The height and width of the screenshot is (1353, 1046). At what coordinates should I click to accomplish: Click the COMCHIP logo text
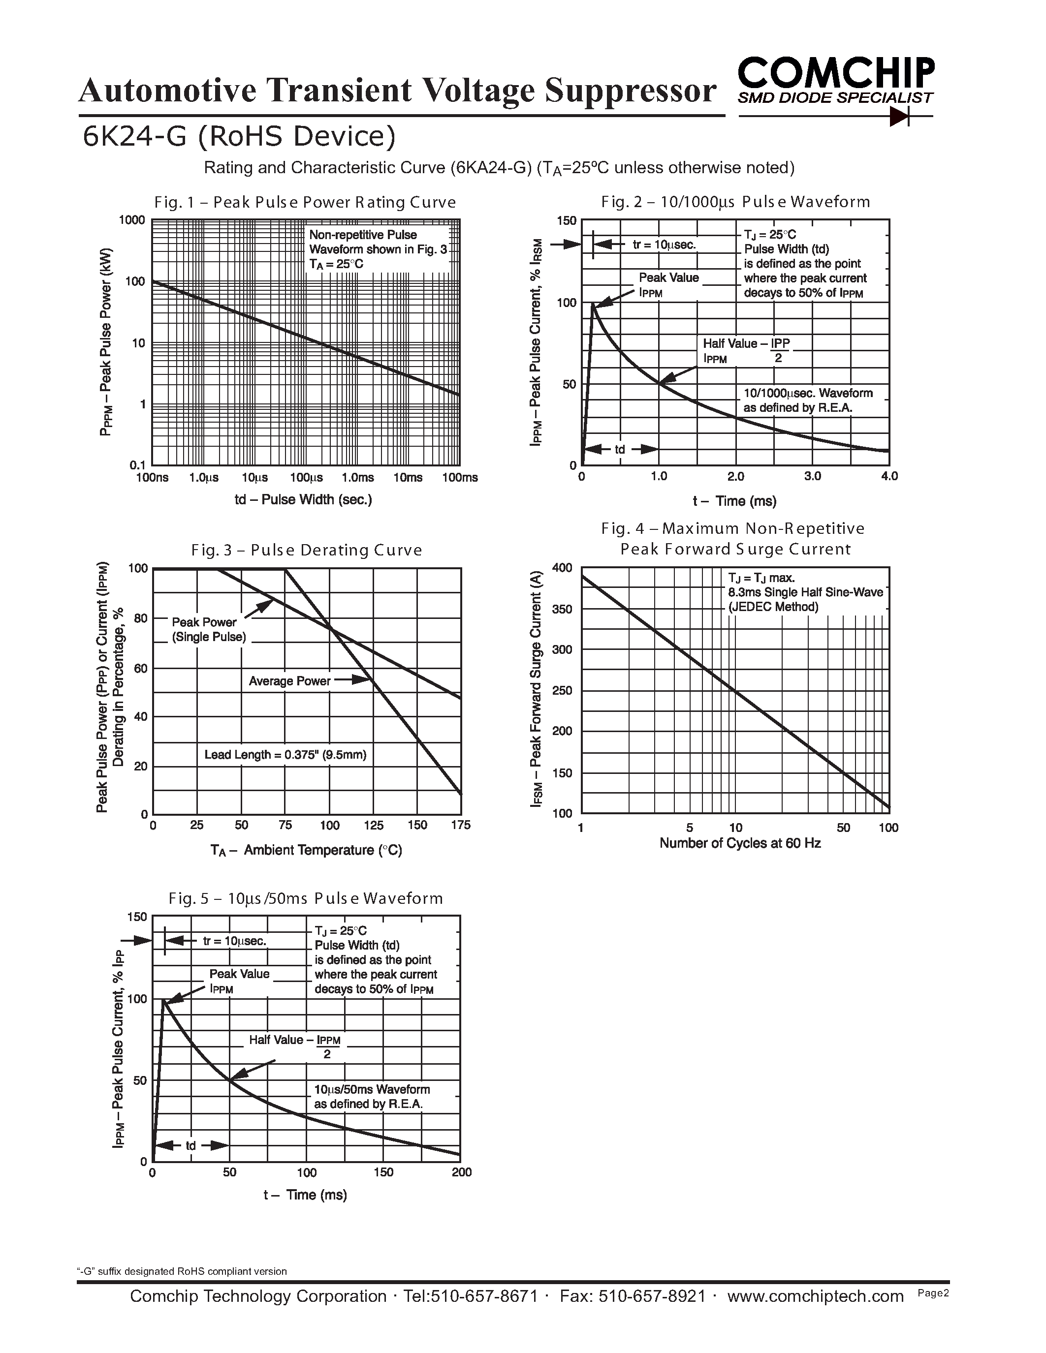tap(836, 73)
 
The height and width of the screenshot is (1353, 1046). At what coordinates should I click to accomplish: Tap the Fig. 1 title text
tap(305, 203)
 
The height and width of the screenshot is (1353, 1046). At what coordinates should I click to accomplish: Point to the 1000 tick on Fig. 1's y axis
tap(132, 220)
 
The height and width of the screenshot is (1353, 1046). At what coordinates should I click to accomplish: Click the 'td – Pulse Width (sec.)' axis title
tap(303, 500)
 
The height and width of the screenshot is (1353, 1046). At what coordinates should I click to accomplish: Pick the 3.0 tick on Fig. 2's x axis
tap(812, 476)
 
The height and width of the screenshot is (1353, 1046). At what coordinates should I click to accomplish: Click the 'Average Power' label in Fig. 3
tap(289, 681)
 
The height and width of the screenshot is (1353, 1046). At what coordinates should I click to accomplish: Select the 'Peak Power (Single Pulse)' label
tap(208, 629)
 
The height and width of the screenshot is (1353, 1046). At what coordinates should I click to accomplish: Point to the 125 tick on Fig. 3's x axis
tap(374, 825)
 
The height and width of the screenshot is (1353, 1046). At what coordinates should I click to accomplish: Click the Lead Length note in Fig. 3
tap(285, 755)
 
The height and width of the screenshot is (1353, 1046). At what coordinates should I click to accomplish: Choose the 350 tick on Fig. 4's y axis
tap(562, 609)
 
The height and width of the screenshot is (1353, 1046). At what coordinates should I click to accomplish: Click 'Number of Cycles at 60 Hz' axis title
tap(740, 843)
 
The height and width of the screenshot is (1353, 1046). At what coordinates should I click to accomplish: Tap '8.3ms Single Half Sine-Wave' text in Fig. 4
tap(805, 593)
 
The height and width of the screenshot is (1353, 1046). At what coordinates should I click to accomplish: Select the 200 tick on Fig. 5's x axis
tap(462, 1172)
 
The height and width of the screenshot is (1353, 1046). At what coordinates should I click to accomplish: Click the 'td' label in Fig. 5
tap(190, 1145)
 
